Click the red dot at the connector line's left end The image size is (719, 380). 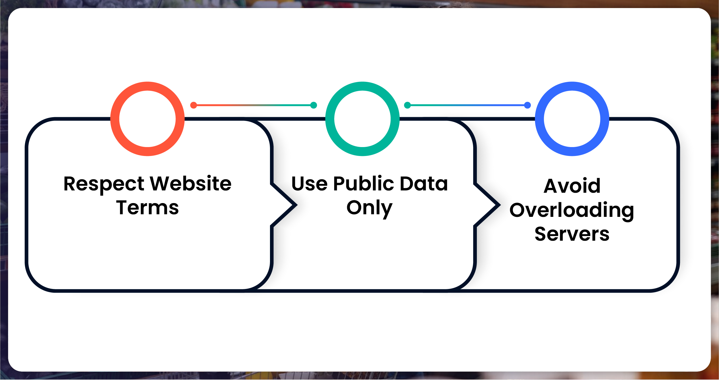(194, 105)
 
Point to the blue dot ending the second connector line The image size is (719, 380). (527, 105)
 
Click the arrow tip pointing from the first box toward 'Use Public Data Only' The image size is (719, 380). (297, 205)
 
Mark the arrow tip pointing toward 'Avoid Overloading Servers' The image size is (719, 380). (500, 205)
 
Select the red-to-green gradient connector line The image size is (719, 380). (254, 105)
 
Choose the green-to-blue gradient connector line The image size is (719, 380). (467, 105)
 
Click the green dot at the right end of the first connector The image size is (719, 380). (314, 105)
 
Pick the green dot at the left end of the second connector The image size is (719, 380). (407, 105)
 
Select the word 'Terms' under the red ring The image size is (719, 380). (147, 208)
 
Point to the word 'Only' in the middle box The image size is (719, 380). (370, 209)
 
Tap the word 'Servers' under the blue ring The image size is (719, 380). (572, 234)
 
